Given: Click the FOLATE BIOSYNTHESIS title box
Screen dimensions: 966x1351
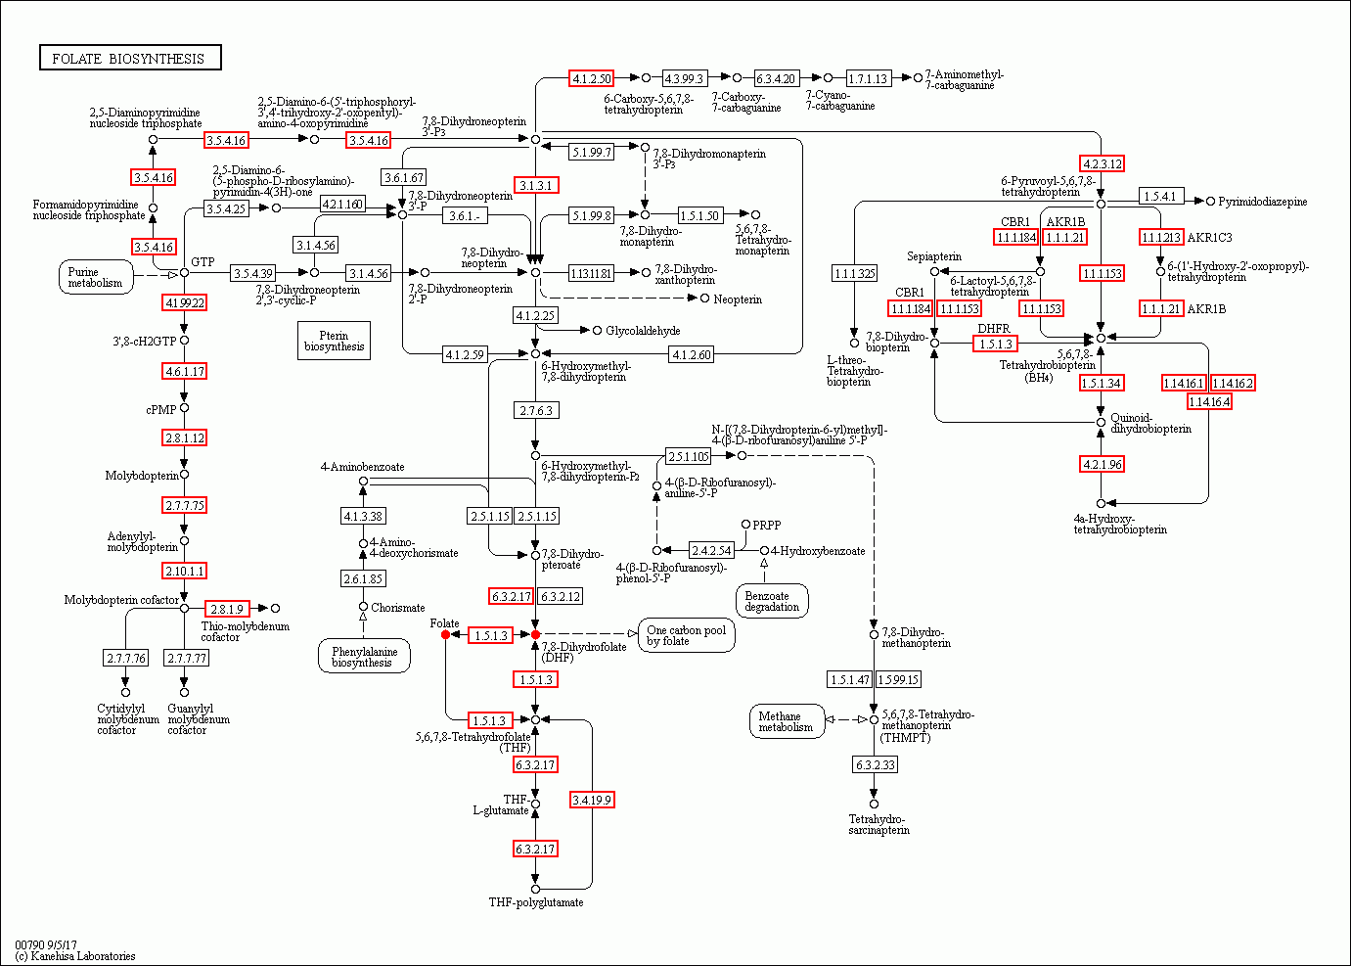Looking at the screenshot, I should (129, 59).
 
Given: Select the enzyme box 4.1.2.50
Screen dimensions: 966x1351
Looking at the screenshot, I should (591, 78).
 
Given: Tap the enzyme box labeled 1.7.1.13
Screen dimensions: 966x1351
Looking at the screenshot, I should (868, 78).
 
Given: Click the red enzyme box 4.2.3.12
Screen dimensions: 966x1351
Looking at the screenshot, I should (1102, 163).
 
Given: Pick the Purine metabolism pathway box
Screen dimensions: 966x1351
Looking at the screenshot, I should (96, 278).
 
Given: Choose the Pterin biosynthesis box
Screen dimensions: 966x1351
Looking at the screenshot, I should (335, 341).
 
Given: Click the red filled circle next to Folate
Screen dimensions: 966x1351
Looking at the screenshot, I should (446, 634).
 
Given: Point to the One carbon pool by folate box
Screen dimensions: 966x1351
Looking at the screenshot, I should (686, 635).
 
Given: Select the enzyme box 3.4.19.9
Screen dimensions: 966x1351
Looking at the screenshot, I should (592, 800).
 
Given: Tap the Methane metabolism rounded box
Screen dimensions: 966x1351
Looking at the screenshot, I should (786, 721).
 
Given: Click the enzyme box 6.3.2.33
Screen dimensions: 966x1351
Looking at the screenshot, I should (875, 764).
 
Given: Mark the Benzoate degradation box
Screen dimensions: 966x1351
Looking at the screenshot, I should (772, 601).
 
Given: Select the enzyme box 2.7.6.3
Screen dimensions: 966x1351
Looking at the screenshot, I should (536, 410).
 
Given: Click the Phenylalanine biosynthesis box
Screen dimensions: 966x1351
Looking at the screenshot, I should (363, 657).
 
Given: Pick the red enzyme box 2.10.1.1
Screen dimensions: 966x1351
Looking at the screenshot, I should (185, 571).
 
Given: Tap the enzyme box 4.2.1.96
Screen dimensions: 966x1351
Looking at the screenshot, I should (1102, 464).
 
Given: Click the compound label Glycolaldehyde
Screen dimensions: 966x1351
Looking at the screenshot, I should (643, 331).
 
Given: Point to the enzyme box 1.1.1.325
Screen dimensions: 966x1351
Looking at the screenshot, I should (854, 273).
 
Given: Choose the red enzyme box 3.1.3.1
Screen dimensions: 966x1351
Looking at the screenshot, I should (536, 185).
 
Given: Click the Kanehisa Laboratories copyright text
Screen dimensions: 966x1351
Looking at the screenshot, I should (75, 955).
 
